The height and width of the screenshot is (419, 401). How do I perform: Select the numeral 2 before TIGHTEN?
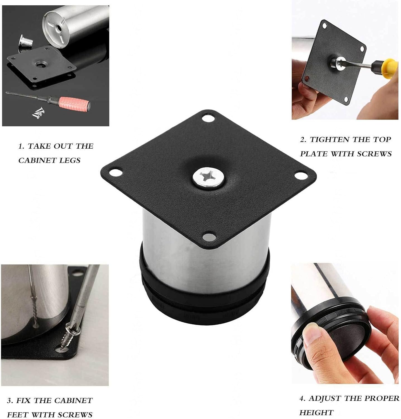coord(303,139)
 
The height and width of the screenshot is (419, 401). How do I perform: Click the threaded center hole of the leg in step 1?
coord(59,29)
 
